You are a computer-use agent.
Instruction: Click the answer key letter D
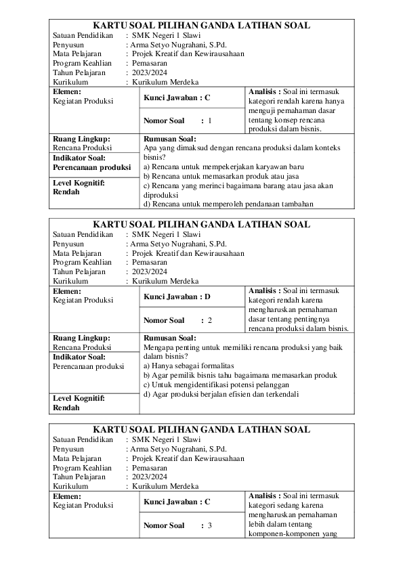tap(207, 297)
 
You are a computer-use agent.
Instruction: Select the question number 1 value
tap(210, 121)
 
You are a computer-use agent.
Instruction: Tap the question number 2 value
tap(210, 320)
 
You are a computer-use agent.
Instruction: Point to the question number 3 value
tap(210, 525)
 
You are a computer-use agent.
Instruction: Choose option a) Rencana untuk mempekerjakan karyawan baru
tap(224, 166)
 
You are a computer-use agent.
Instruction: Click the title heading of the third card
tap(201, 430)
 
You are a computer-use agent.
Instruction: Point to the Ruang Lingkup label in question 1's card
tap(81, 139)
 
